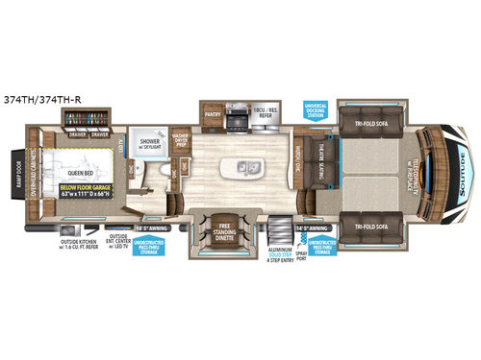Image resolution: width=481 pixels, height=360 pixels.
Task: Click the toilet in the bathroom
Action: pyautogui.click(x=165, y=176)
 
